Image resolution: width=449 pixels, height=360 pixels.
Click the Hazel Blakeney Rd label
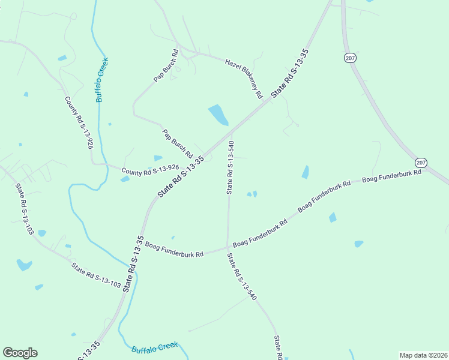click(x=244, y=78)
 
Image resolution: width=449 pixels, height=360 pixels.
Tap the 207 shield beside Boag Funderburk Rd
click(x=421, y=163)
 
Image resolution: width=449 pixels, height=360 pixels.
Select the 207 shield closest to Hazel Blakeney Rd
click(x=350, y=58)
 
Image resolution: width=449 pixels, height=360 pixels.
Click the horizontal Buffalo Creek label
click(x=154, y=347)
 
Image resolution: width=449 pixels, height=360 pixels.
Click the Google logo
click(x=20, y=353)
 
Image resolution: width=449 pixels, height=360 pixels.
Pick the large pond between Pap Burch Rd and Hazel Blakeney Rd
click(x=218, y=115)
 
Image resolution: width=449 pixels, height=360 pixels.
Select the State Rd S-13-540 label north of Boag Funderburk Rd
click(x=230, y=167)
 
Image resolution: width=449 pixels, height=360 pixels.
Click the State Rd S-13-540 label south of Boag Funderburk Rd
click(x=242, y=277)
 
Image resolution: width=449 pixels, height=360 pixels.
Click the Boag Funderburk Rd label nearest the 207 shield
click(x=392, y=176)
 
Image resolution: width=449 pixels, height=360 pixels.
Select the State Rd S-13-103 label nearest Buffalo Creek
click(x=96, y=275)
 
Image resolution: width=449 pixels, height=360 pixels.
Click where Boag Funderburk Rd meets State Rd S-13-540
click(x=228, y=246)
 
